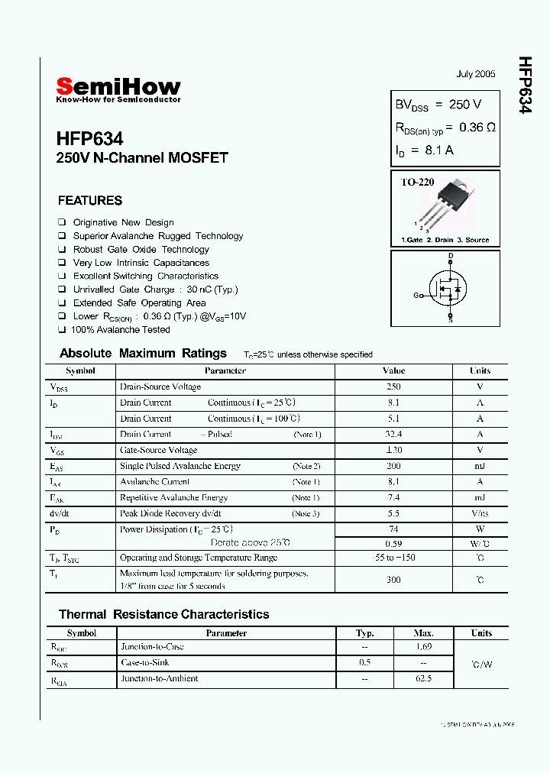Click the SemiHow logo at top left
(118, 89)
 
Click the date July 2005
(476, 74)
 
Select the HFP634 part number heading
(89, 139)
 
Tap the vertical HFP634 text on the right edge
(525, 85)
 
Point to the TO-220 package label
(418, 183)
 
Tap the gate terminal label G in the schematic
(417, 295)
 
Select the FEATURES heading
(89, 201)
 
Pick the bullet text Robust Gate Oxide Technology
(141, 250)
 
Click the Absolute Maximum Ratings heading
(143, 354)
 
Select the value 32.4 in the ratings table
(393, 434)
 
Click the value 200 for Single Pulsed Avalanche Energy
(393, 466)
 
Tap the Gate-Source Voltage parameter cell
(158, 450)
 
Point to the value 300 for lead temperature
(393, 580)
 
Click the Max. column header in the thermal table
(423, 633)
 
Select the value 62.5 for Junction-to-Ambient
(423, 678)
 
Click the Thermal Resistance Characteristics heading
(164, 614)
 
